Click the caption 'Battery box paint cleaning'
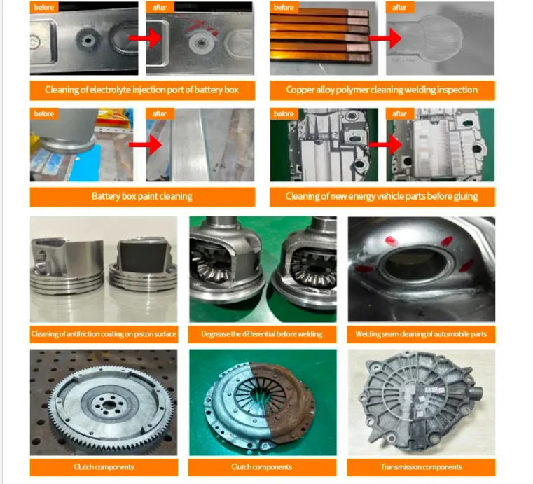pyautogui.click(x=141, y=197)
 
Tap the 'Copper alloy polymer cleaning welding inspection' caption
pyautogui.click(x=382, y=90)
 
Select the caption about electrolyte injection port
pyautogui.click(x=141, y=90)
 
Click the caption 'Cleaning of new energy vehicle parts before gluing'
pyautogui.click(x=382, y=197)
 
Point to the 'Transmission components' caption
pyautogui.click(x=421, y=467)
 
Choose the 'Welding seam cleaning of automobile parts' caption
pyautogui.click(x=421, y=334)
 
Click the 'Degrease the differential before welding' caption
pyautogui.click(x=262, y=334)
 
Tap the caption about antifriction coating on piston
pyautogui.click(x=104, y=334)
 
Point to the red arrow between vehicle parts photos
pyautogui.click(x=382, y=144)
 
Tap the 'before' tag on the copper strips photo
pyautogui.click(x=284, y=7)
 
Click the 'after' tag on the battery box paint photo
pyautogui.click(x=160, y=113)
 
